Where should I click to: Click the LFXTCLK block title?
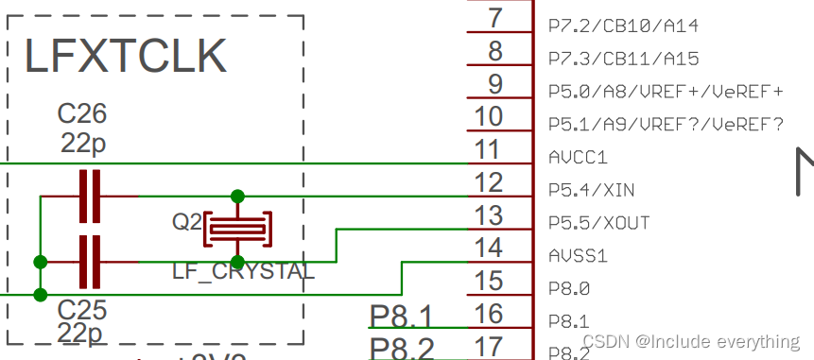coord(125,56)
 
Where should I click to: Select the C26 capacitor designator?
coord(82,114)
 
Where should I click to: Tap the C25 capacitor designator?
coord(82,310)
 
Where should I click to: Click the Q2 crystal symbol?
coord(238,227)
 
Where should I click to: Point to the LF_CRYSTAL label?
coord(243,272)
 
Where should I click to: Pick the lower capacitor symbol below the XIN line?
coord(90,262)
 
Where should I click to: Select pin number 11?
coord(488,149)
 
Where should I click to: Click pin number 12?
coord(488,182)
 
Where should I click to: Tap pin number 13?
coord(488,215)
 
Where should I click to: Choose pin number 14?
coord(488,248)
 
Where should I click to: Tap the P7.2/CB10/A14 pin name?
coord(624,26)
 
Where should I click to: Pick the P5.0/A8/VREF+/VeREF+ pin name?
coord(666,92)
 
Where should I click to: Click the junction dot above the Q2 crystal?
coord(238,196)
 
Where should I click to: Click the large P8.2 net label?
coord(402,348)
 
